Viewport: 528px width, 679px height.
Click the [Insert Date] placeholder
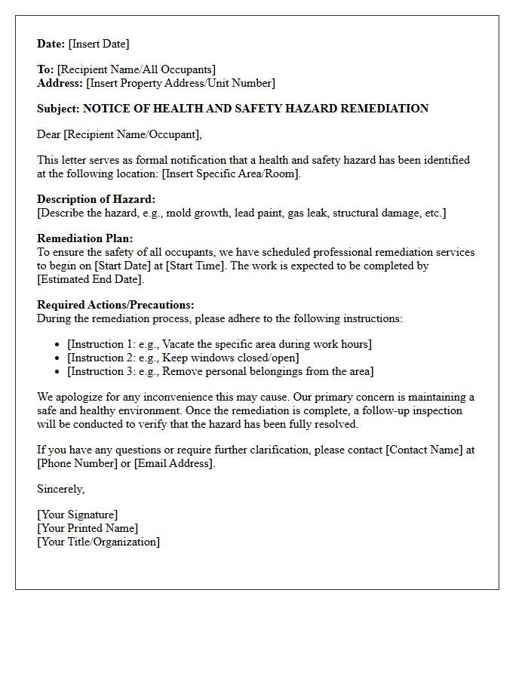pyautogui.click(x=99, y=44)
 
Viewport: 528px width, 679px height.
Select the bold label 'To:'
pyautogui.click(x=45, y=69)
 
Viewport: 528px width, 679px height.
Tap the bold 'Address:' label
pyautogui.click(x=60, y=83)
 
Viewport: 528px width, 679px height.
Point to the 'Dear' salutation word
pyautogui.click(x=49, y=134)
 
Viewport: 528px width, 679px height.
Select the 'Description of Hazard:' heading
pyautogui.click(x=96, y=199)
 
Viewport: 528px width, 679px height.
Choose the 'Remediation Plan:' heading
pyautogui.click(x=85, y=238)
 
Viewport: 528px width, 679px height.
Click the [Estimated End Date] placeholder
pyautogui.click(x=90, y=279)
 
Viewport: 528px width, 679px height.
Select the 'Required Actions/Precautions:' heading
pyautogui.click(x=115, y=305)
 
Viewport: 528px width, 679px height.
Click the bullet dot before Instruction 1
pyautogui.click(x=58, y=345)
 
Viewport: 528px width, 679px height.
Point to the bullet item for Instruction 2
pyautogui.click(x=183, y=358)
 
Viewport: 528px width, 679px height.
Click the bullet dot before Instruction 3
pyautogui.click(x=58, y=372)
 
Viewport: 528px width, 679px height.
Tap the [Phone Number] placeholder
pyautogui.click(x=78, y=463)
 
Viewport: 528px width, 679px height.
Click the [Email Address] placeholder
pyautogui.click(x=174, y=463)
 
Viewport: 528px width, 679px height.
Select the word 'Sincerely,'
pyautogui.click(x=60, y=489)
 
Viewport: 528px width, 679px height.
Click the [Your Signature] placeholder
pyautogui.click(x=77, y=515)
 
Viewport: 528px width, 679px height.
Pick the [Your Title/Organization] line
pyautogui.click(x=98, y=542)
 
